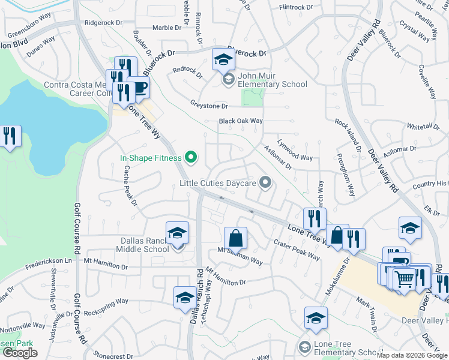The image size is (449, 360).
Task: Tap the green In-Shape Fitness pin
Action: [191, 158]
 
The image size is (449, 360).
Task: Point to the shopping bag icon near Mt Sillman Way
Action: [236, 238]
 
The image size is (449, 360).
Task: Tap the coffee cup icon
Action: [139, 88]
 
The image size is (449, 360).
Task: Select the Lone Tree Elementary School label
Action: [340, 352]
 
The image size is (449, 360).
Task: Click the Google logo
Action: [20, 353]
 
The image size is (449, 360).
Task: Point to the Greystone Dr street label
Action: [207, 106]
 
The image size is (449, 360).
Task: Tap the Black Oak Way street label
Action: [241, 121]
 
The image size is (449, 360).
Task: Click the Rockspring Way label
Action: [106, 302]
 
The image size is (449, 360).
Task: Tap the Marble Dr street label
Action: [166, 28]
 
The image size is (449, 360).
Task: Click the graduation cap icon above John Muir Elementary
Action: [223, 59]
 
